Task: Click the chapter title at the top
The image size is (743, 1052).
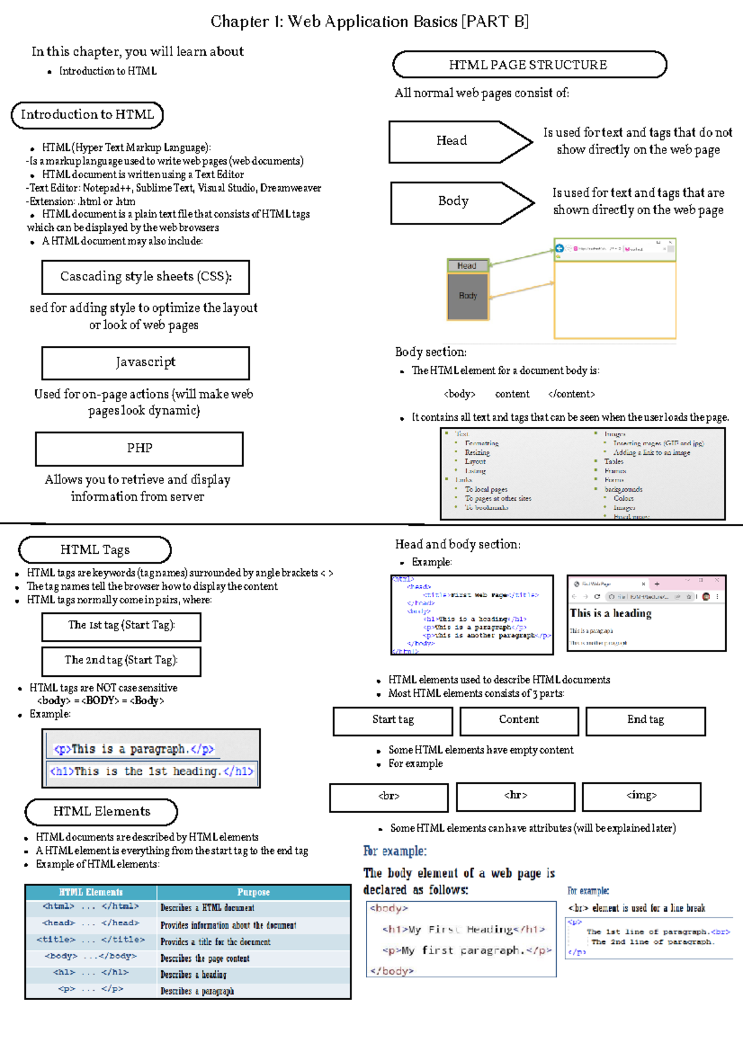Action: coord(370,22)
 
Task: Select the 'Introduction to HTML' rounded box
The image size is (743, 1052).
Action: coord(87,115)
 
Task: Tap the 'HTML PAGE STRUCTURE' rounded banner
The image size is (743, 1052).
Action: coord(529,65)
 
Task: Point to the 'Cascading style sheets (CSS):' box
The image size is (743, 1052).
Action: coord(146,277)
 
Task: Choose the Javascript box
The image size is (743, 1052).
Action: coord(146,363)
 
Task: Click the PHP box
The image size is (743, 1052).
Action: coord(139,449)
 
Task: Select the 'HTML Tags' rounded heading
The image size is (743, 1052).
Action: coord(95,550)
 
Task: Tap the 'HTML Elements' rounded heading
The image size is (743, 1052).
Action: coord(102,811)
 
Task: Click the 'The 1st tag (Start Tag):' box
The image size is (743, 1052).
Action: coord(121,626)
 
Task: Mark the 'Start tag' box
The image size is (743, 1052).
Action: coord(393,720)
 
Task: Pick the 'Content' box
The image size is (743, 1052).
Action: coord(519,720)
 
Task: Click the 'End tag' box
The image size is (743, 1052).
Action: coord(645,720)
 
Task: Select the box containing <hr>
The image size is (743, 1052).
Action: coord(515,796)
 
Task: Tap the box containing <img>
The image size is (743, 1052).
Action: coord(641,796)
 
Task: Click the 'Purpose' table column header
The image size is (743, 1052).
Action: coord(253,892)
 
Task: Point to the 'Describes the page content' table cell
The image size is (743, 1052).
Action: coord(205,959)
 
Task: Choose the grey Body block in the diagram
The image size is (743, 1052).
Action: coord(468,296)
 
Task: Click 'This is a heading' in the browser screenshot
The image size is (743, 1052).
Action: coord(610,613)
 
